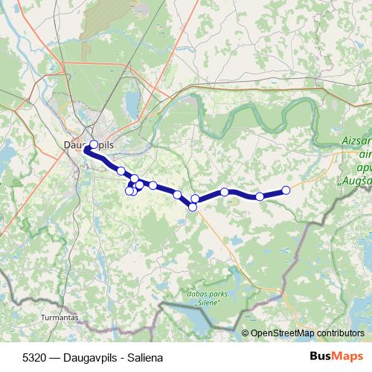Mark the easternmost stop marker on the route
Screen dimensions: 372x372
[286, 190]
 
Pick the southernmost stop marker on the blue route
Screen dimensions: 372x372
[193, 207]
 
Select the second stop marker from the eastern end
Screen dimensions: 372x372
[260, 196]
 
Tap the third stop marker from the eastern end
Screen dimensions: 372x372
[225, 192]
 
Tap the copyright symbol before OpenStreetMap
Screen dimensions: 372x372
[246, 333]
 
